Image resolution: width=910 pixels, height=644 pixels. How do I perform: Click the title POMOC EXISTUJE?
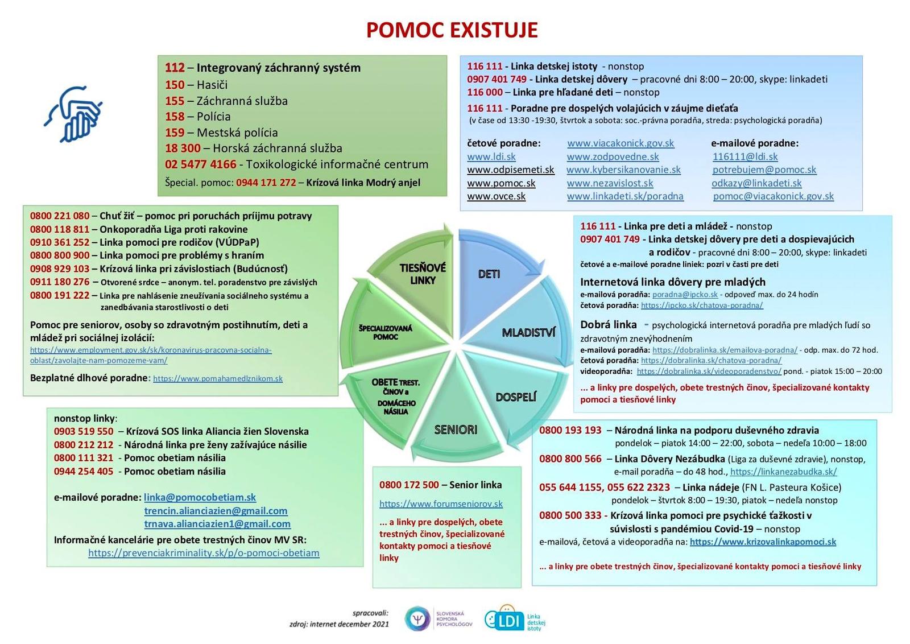pos(452,30)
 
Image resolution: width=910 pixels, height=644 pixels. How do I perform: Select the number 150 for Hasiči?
pos(175,85)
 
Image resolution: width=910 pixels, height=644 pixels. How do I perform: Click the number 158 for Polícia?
pos(175,117)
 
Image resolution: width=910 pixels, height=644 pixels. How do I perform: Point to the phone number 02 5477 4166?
pos(200,164)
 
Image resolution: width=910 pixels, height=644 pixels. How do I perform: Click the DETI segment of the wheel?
pos(489,274)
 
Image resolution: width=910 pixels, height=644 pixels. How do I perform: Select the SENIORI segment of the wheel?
pos(456,430)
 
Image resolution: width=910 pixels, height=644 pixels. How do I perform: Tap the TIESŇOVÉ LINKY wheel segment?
pos(422,274)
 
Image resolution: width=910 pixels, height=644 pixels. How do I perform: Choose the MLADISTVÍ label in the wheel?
pos(528,332)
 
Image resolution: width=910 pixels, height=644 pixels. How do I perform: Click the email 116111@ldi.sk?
pos(745,156)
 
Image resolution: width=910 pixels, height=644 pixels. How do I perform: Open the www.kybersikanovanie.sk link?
pos(623,170)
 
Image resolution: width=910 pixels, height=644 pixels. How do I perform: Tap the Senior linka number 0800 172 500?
pos(409,485)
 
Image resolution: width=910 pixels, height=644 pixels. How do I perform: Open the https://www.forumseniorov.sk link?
pos(441,503)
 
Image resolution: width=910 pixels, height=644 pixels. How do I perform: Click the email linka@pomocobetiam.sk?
pos(200,497)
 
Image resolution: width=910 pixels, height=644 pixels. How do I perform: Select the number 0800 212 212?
pos(84,445)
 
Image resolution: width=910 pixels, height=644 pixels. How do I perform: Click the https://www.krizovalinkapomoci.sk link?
pos(763,542)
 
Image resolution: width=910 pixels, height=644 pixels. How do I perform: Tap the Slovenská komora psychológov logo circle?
pos(417,619)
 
